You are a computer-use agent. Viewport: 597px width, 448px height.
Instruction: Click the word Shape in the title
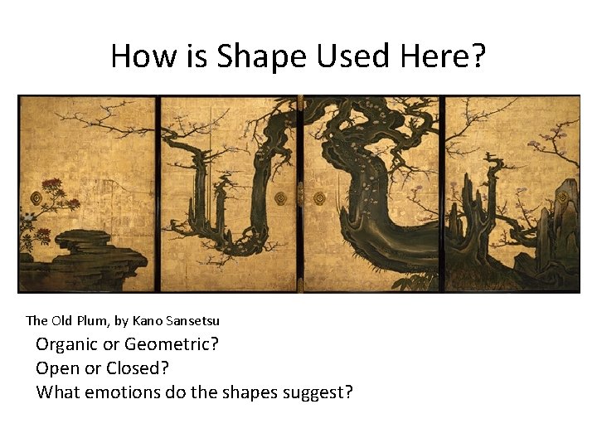pyautogui.click(x=260, y=56)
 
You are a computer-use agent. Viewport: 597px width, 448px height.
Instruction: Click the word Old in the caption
pyautogui.click(x=61, y=320)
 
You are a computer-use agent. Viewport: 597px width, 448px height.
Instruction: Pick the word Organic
pyautogui.click(x=66, y=344)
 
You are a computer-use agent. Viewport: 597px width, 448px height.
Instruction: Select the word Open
pyautogui.click(x=56, y=368)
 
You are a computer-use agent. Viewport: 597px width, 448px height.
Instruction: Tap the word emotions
pyautogui.click(x=127, y=392)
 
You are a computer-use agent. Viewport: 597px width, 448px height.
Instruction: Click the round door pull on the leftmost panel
pyautogui.click(x=36, y=198)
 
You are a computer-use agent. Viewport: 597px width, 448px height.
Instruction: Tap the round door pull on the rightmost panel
pyautogui.click(x=564, y=197)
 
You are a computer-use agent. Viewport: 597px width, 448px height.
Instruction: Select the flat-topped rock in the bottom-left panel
pyautogui.click(x=83, y=241)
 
